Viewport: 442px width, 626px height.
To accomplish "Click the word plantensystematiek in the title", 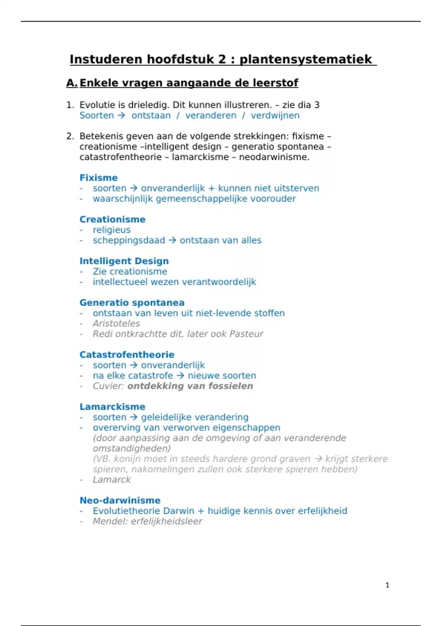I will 306,59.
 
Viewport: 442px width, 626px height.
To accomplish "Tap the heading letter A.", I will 71,83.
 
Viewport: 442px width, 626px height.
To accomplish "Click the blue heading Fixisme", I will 98,178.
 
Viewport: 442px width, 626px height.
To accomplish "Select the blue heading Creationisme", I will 112,219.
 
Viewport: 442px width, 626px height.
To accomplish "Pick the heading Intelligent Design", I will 124,261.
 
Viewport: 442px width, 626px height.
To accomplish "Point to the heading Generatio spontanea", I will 132,303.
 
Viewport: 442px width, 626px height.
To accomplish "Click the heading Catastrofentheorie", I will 127,355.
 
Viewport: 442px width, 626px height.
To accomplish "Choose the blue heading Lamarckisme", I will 112,407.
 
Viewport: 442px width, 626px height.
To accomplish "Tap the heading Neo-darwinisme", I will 120,500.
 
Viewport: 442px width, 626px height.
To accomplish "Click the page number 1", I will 387,585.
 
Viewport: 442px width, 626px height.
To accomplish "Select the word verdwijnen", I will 275,115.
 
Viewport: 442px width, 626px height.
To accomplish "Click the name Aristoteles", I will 116,323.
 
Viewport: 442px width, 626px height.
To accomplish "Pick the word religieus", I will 112,230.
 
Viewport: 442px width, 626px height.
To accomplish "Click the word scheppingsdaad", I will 129,240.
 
